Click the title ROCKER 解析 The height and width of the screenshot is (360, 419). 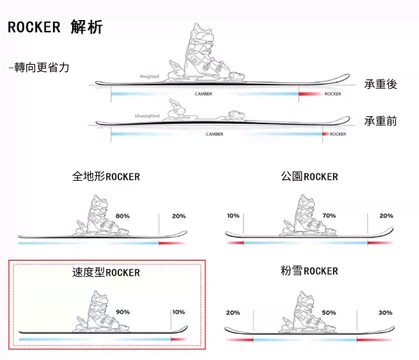point(55,27)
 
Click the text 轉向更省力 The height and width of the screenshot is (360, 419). point(39,68)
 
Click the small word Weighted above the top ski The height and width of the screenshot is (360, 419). point(149,76)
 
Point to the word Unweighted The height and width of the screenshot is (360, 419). point(147,116)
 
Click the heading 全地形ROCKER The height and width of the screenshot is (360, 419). point(106,176)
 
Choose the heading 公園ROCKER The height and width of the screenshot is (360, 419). point(310,176)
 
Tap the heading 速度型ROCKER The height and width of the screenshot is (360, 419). point(106,272)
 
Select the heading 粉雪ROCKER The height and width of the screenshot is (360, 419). point(310,271)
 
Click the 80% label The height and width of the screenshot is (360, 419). point(123,216)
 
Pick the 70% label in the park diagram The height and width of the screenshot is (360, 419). point(329,216)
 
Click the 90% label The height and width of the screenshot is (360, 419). point(123,312)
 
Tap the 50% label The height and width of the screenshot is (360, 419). point(329,313)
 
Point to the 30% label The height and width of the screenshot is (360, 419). point(385,313)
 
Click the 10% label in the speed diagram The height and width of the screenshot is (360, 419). point(179,312)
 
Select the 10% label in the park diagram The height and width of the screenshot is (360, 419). point(234,216)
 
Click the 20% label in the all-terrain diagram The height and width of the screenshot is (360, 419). point(179,216)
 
